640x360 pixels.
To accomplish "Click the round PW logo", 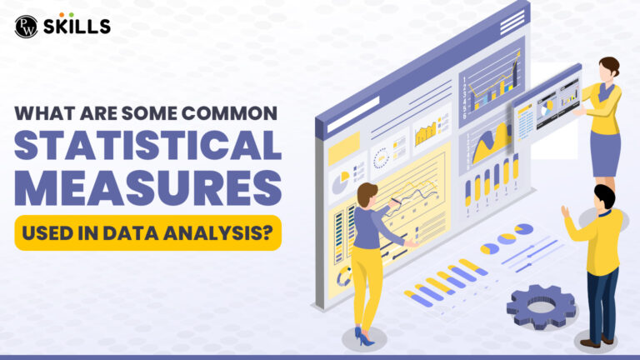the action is pos(26,27).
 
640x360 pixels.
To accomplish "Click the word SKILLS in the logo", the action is pos(77,27).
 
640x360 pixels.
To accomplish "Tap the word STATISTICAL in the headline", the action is pos(147,145).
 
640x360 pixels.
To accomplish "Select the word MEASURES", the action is pos(147,188).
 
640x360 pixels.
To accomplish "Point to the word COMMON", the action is pos(229,113).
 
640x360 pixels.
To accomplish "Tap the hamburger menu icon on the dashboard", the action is pos(512,22).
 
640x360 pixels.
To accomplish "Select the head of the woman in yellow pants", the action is pos(367,195).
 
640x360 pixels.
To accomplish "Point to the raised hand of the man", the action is pos(565,212).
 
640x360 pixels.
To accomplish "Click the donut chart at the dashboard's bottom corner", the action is pos(344,277).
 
